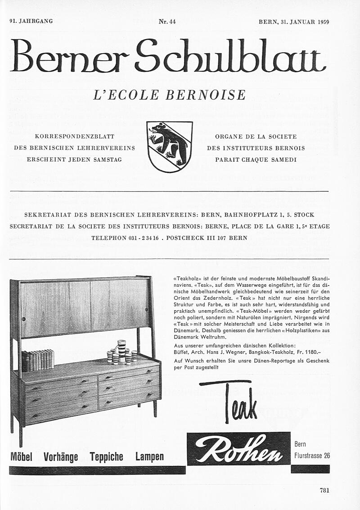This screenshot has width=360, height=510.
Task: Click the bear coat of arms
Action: (x=170, y=147)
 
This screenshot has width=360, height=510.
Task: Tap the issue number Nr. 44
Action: (x=167, y=22)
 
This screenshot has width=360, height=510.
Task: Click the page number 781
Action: (x=324, y=491)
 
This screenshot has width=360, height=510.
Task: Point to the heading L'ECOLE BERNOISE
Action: (x=169, y=95)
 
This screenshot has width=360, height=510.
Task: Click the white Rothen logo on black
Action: (x=238, y=448)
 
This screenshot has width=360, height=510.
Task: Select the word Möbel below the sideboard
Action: (x=21, y=457)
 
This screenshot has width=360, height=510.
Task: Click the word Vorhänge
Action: (x=61, y=457)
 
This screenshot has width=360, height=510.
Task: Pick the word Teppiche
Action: (x=106, y=457)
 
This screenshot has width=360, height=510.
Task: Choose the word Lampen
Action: (x=149, y=457)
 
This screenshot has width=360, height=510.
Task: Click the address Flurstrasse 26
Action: (x=312, y=456)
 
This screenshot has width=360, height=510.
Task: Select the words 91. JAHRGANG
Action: (x=31, y=22)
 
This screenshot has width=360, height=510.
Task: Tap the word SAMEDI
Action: (x=283, y=159)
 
